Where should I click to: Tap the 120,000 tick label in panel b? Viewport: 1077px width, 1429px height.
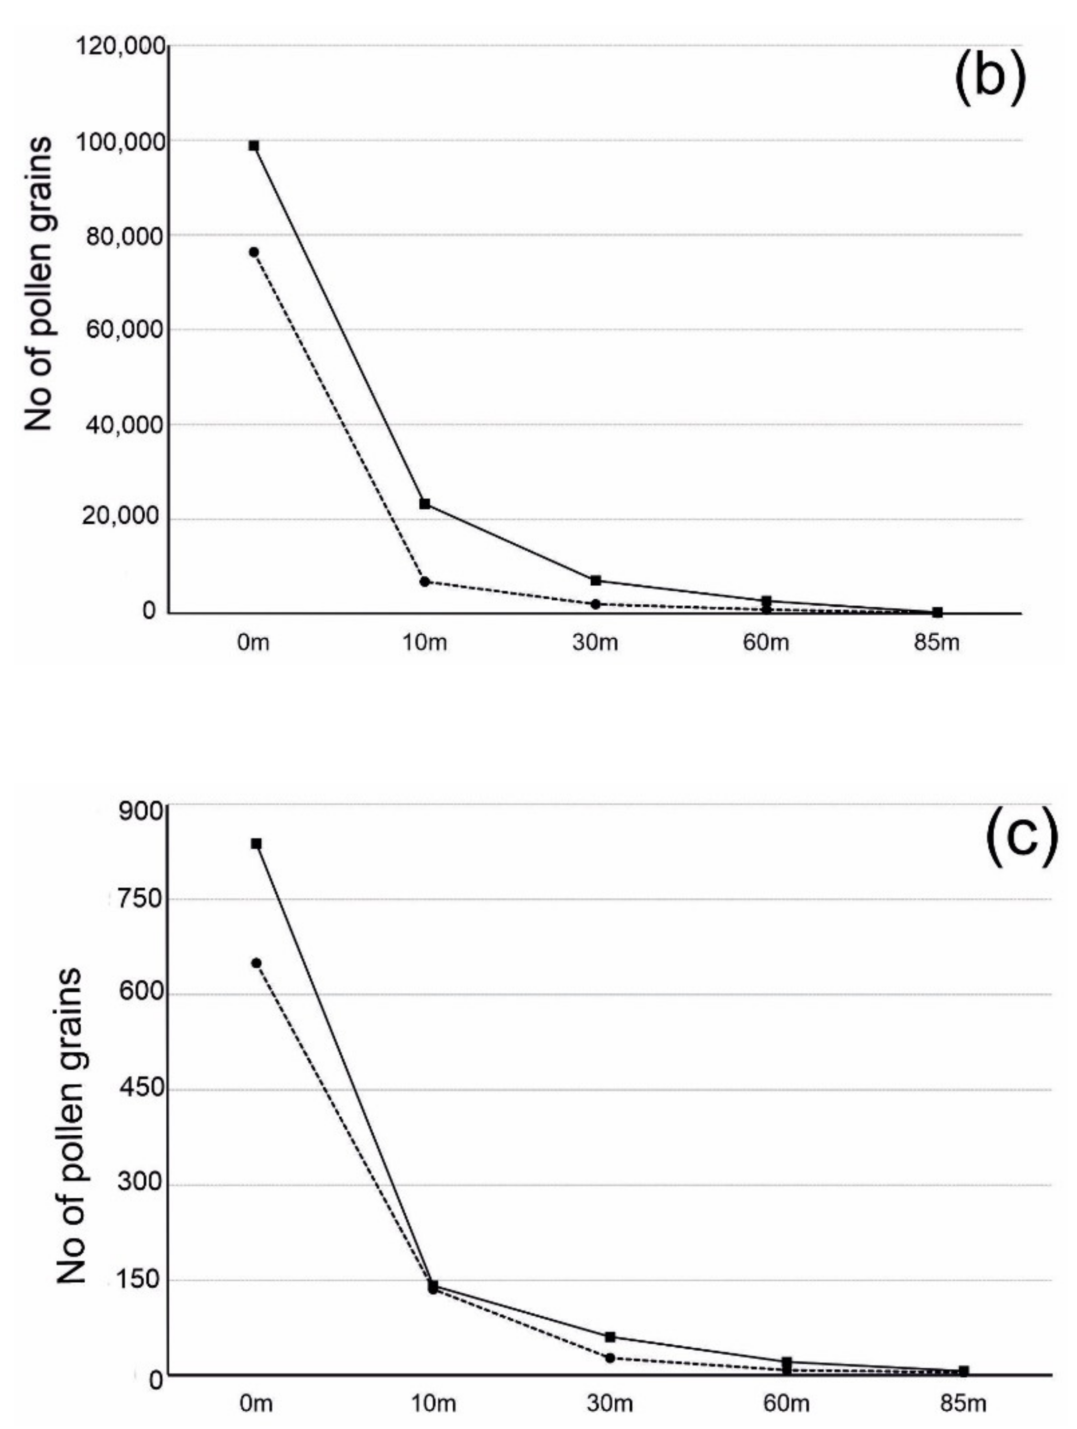120,48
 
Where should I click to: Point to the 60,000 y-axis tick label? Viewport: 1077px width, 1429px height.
125,330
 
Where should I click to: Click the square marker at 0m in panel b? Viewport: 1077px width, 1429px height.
254,146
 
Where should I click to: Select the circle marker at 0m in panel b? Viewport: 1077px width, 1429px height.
254,252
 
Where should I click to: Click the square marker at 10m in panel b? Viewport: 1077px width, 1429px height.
424,503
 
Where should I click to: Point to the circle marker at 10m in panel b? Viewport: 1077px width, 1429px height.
424,582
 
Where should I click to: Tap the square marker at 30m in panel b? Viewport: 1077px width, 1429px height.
596,580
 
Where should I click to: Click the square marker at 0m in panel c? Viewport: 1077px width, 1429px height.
256,844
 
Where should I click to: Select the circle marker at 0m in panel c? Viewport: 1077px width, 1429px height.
256,963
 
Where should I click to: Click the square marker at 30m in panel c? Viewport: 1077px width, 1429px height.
610,1336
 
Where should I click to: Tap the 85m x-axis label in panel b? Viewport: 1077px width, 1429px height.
937,644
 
